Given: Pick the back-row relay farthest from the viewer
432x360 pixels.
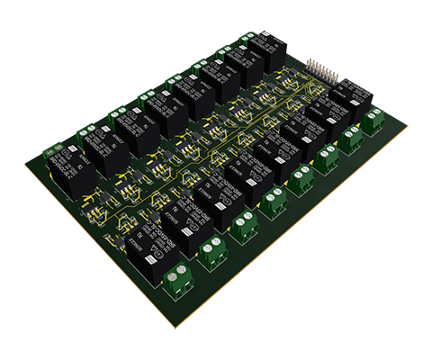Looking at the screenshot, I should point(268,45).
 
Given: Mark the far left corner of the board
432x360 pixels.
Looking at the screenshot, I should point(23,163).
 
